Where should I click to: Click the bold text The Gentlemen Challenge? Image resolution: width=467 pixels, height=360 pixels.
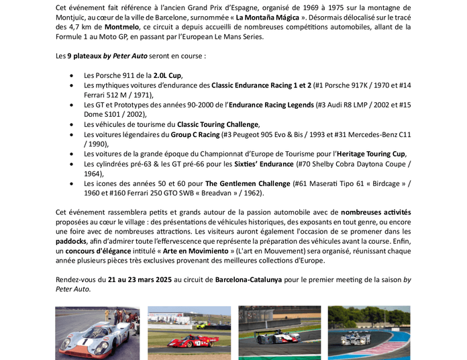click(x=246, y=183)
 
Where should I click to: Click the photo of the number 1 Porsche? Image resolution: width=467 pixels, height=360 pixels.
click(x=97, y=333)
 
